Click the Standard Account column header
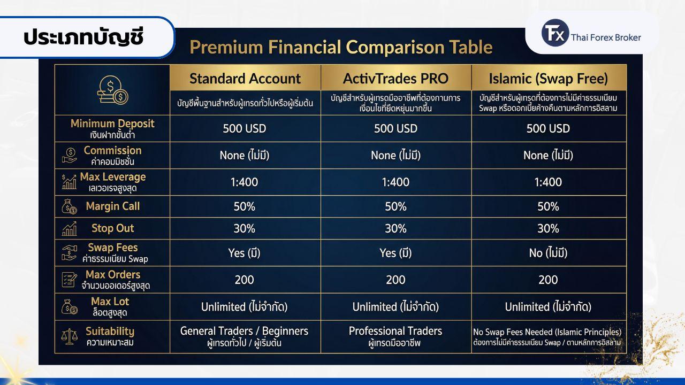tap(245, 78)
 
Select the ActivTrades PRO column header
tap(395, 78)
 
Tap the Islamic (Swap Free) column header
tap(549, 78)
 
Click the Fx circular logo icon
tap(555, 33)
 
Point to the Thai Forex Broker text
tap(606, 37)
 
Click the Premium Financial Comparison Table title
tap(341, 47)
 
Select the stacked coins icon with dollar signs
tap(112, 90)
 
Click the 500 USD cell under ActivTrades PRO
tap(395, 128)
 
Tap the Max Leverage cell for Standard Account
tap(245, 182)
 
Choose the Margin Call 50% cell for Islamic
tap(549, 206)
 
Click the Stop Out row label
tap(112, 228)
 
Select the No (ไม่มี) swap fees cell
tap(549, 253)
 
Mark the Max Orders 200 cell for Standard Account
tap(245, 280)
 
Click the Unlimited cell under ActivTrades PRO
tap(395, 307)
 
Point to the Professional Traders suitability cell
tap(395, 336)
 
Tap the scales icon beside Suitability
tap(70, 336)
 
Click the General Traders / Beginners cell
tap(245, 336)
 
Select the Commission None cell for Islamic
tap(549, 155)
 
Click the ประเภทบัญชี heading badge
tap(86, 37)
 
